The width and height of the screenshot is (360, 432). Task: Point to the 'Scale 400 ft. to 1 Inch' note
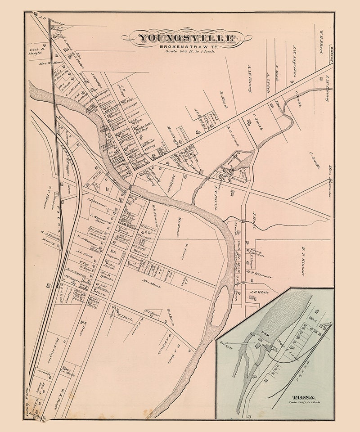189,52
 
